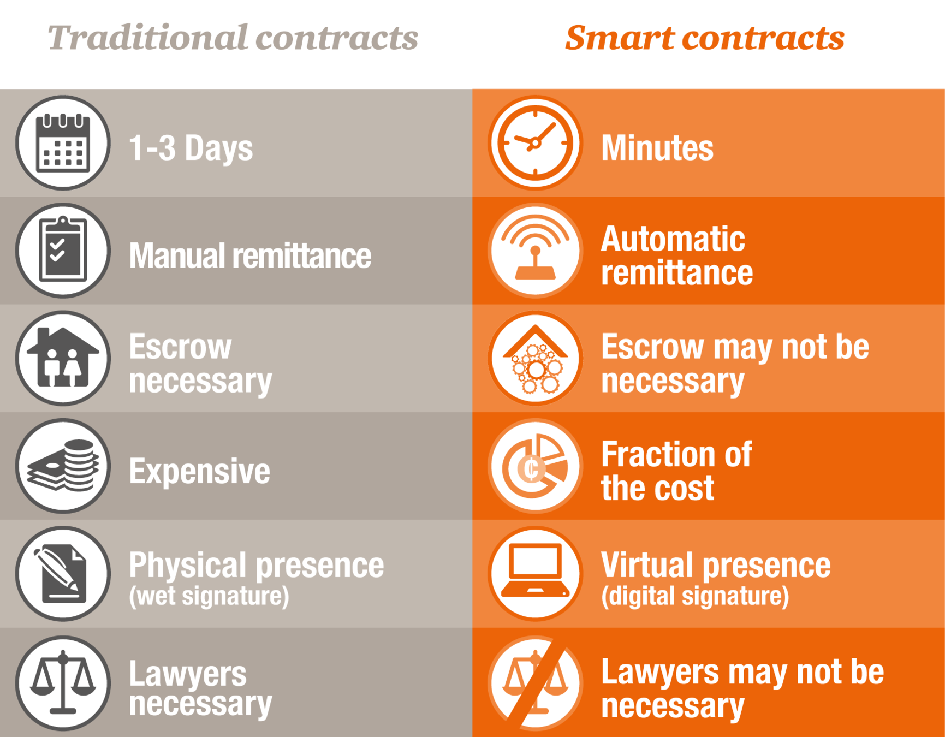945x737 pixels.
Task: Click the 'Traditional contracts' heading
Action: pyautogui.click(x=233, y=38)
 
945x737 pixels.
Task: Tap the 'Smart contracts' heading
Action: pyautogui.click(x=705, y=38)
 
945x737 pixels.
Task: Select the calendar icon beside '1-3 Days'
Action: pyautogui.click(x=63, y=143)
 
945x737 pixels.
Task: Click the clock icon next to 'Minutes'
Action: pyautogui.click(x=535, y=143)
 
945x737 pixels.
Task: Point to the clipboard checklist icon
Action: pyautogui.click(x=63, y=251)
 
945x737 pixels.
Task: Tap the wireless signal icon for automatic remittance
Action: pyautogui.click(x=535, y=251)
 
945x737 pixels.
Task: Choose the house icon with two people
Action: pyautogui.click(x=63, y=358)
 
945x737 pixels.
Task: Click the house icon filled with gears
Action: pyautogui.click(x=535, y=358)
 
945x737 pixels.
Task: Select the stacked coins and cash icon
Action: pyautogui.click(x=63, y=466)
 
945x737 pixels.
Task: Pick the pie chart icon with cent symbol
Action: pyautogui.click(x=535, y=466)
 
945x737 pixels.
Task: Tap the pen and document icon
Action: pyautogui.click(x=63, y=573)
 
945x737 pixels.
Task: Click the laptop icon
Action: pyautogui.click(x=535, y=573)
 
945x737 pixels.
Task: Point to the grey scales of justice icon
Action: pyautogui.click(x=63, y=682)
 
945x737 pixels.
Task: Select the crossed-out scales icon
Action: pyautogui.click(x=535, y=682)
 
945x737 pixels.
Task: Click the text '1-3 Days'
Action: pyautogui.click(x=191, y=148)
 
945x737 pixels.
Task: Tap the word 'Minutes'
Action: pyautogui.click(x=657, y=148)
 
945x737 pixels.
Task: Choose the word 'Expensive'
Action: pyautogui.click(x=199, y=471)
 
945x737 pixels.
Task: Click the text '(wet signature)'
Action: pyautogui.click(x=209, y=596)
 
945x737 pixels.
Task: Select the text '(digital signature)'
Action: pyautogui.click(x=695, y=596)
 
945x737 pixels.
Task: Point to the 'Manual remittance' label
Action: pyautogui.click(x=250, y=256)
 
